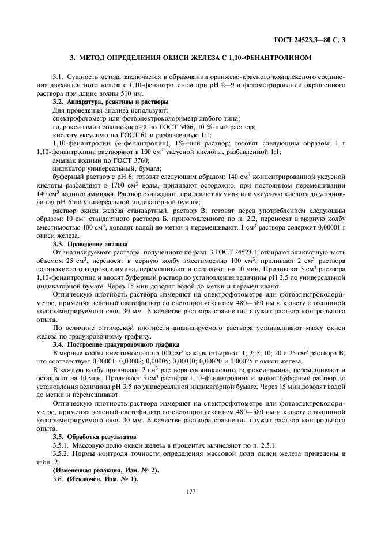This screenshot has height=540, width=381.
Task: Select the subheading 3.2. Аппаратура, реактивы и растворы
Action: (103, 102)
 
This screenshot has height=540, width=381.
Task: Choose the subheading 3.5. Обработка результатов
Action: (93, 437)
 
